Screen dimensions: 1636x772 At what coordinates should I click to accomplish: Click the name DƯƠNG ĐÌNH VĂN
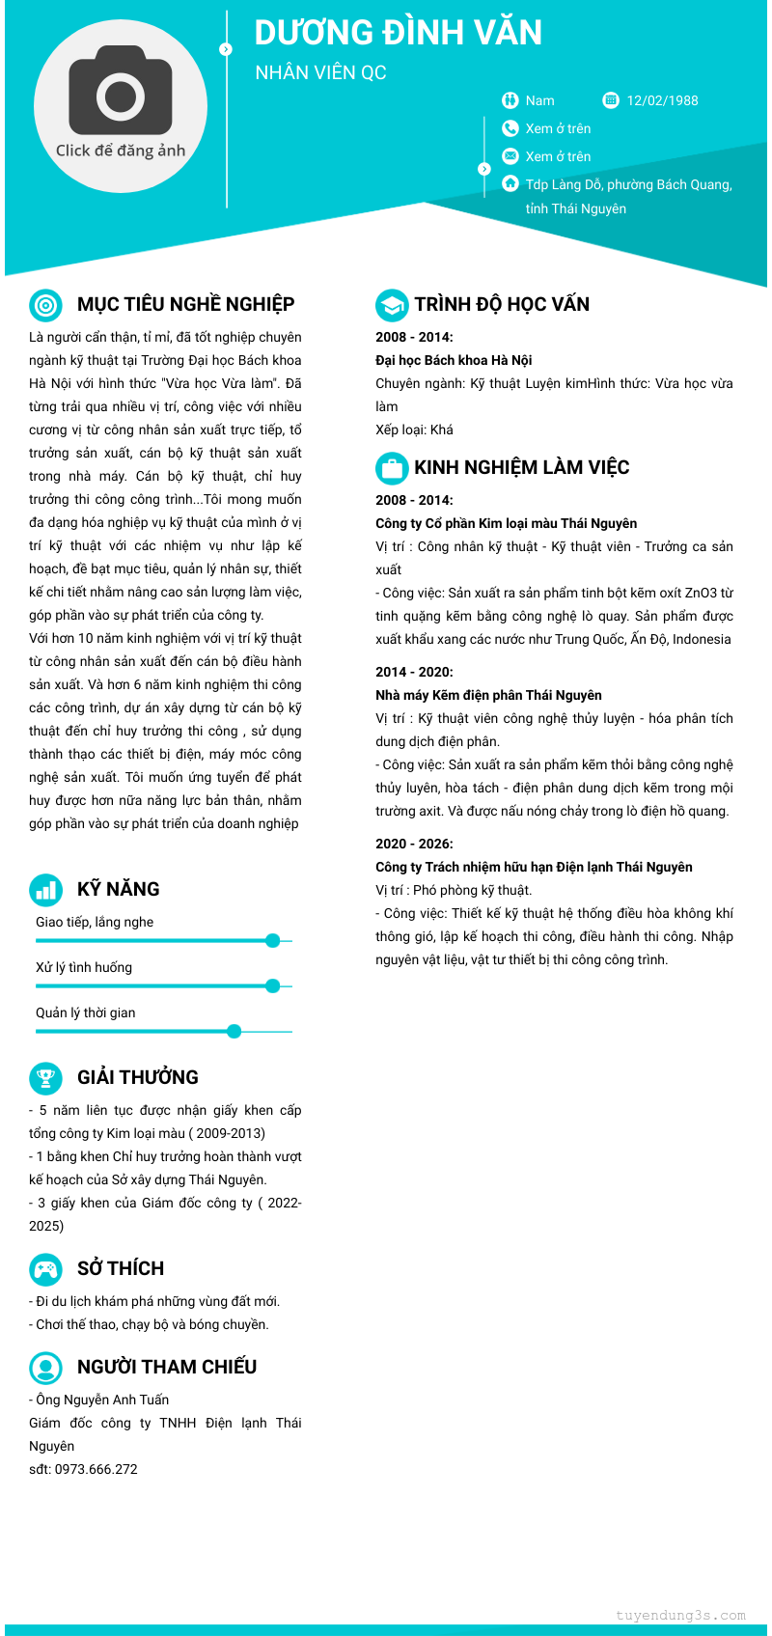398,33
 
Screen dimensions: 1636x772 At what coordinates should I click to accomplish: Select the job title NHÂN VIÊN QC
320,72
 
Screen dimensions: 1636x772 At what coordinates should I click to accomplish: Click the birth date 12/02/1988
662,100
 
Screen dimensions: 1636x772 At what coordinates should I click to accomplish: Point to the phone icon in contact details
510,128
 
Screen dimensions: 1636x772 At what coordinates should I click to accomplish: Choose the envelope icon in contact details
510,156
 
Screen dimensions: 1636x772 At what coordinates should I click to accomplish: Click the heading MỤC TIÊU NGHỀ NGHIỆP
185,304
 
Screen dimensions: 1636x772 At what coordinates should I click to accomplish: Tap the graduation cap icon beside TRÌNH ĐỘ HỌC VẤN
391,305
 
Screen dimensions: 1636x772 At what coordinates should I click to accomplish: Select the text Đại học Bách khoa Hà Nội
454,360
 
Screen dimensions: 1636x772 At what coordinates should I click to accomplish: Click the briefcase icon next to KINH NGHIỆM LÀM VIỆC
391,468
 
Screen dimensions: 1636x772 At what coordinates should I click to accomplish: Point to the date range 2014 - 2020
414,672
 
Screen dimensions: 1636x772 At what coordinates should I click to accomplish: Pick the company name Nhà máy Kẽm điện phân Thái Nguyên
488,695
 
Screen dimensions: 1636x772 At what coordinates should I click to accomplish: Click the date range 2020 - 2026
414,844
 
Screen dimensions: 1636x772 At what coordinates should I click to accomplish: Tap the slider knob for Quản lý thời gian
234,1031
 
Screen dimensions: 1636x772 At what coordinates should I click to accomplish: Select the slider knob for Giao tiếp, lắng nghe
272,940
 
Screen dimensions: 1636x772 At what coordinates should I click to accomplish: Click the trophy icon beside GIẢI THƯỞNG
45,1077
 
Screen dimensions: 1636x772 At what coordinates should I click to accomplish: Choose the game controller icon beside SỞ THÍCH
45,1268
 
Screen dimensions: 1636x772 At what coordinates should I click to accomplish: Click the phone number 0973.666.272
96,1469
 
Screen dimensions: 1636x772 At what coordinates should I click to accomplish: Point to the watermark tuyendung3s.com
680,1615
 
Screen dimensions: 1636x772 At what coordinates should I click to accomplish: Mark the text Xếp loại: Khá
414,430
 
